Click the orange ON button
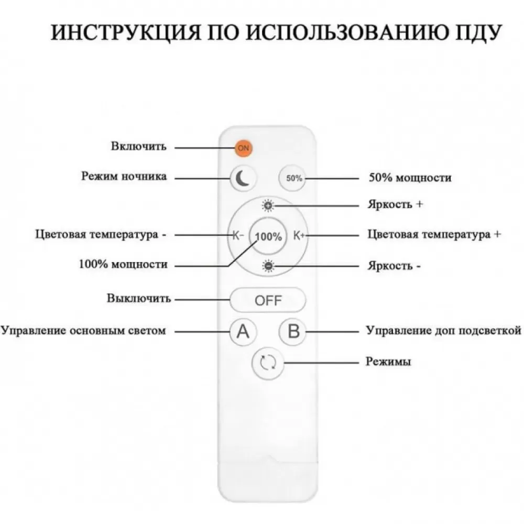243,148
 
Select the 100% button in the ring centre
268,236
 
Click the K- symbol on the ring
238,235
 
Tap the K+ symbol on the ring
299,235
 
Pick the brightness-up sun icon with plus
268,205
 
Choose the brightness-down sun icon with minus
268,266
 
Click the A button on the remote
243,332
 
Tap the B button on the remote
293,332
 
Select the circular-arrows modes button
268,363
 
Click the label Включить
139,146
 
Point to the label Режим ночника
124,176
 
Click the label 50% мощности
410,178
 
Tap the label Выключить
139,298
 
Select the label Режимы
388,361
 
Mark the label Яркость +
395,204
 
